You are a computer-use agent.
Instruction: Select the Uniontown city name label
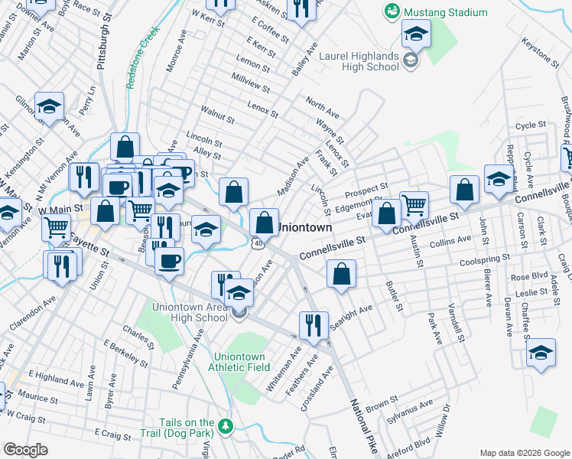pos(304,228)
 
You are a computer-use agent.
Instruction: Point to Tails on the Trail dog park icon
pos(225,425)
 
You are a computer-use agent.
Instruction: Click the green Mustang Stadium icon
pos(392,11)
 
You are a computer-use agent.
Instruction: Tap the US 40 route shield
pos(258,243)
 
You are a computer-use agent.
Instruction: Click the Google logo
pos(25,449)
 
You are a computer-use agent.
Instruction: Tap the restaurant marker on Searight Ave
pos(314,325)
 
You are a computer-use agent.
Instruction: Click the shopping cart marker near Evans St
pos(414,204)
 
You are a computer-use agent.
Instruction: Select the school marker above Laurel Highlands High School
pos(416,33)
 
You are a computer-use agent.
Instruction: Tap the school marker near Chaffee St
pos(541,353)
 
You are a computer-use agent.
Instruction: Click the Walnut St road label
pos(218,116)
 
